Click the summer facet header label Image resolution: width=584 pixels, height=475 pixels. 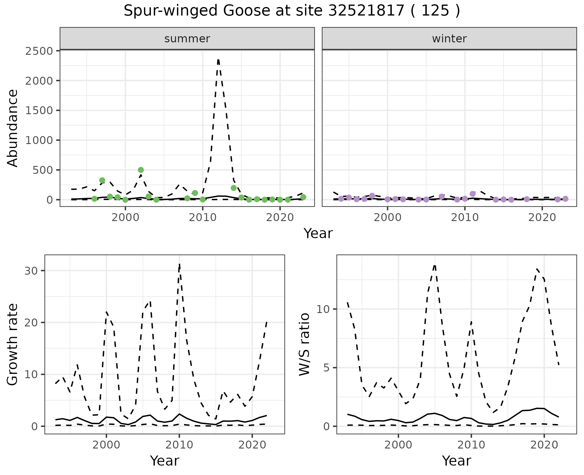point(187,39)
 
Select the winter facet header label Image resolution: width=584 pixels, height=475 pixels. point(449,39)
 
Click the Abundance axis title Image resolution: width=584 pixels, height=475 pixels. point(13,128)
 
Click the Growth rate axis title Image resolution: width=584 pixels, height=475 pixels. point(13,345)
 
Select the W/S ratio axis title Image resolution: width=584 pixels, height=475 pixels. point(304,345)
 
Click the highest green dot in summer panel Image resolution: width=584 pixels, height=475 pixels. point(141,170)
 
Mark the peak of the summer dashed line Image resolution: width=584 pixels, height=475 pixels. point(218,60)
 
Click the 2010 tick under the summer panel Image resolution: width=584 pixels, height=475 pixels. point(203,217)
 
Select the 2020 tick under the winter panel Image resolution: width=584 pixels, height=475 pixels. point(542,217)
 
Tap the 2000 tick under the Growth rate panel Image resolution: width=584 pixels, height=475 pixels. point(106,445)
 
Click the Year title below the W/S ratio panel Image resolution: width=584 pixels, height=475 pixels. point(457,461)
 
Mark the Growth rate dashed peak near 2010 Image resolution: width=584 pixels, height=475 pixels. point(179,264)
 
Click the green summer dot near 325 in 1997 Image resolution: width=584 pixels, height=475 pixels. point(102,180)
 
